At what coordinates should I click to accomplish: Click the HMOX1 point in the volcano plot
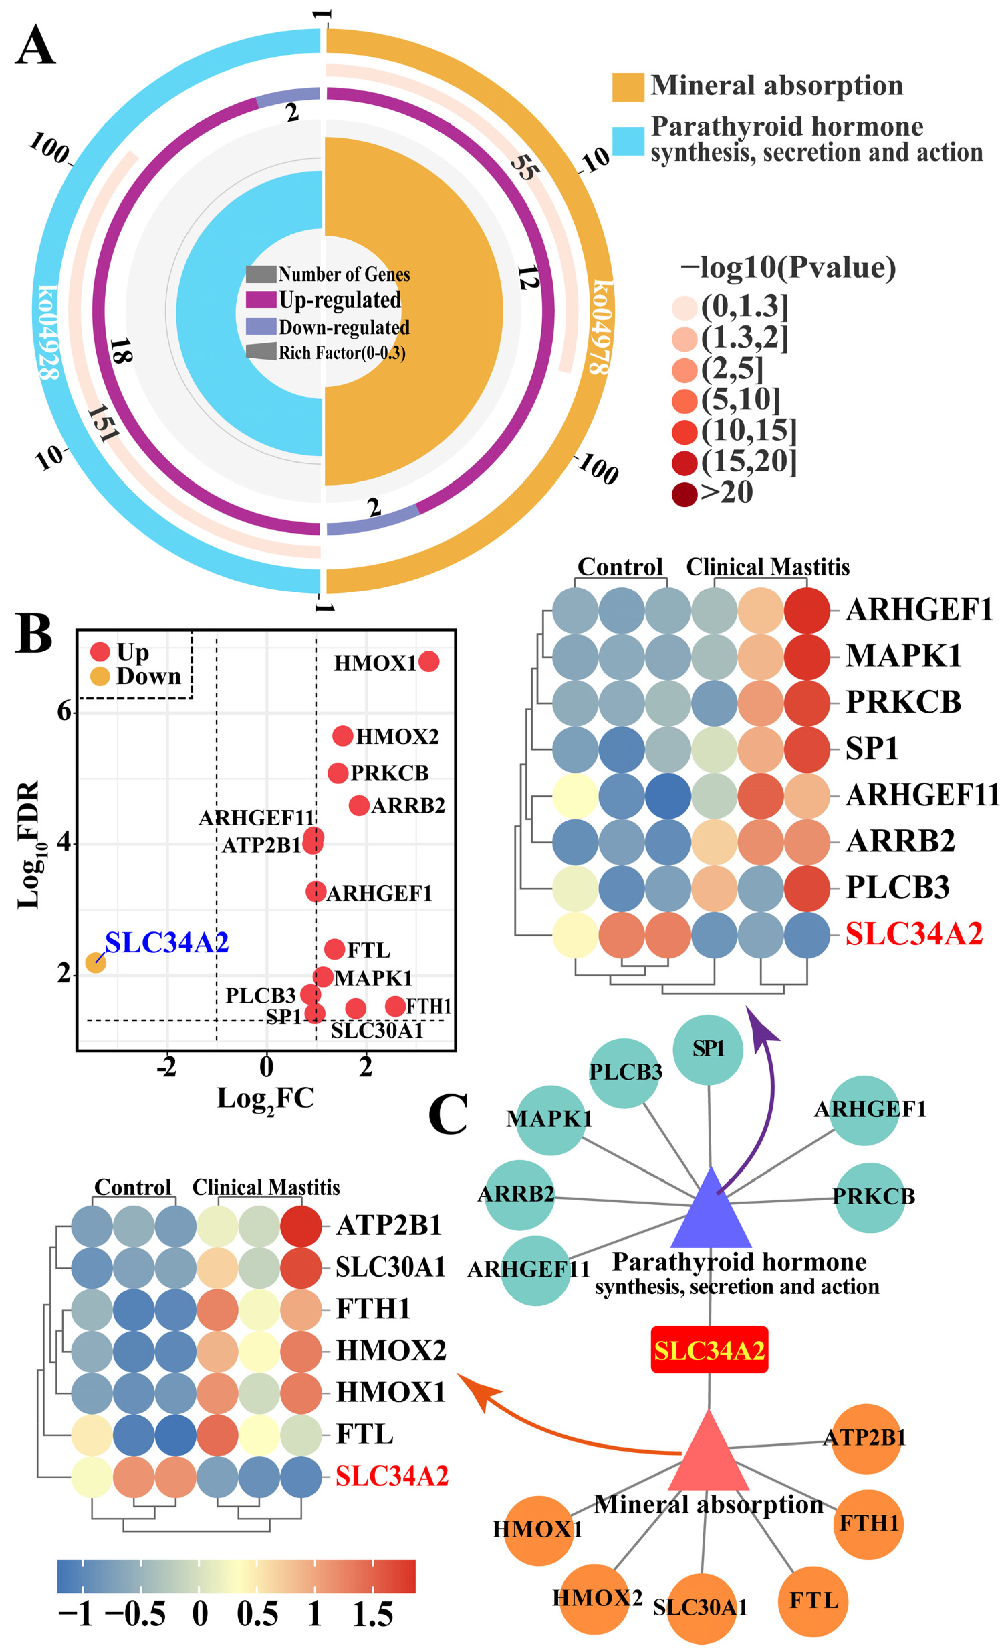coord(428,662)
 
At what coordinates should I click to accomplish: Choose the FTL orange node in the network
coord(813,1601)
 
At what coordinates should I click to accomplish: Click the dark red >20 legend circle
coord(684,494)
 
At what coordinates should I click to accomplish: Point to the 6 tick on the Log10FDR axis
coord(65,711)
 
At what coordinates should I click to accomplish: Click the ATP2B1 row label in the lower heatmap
coord(389,1225)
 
